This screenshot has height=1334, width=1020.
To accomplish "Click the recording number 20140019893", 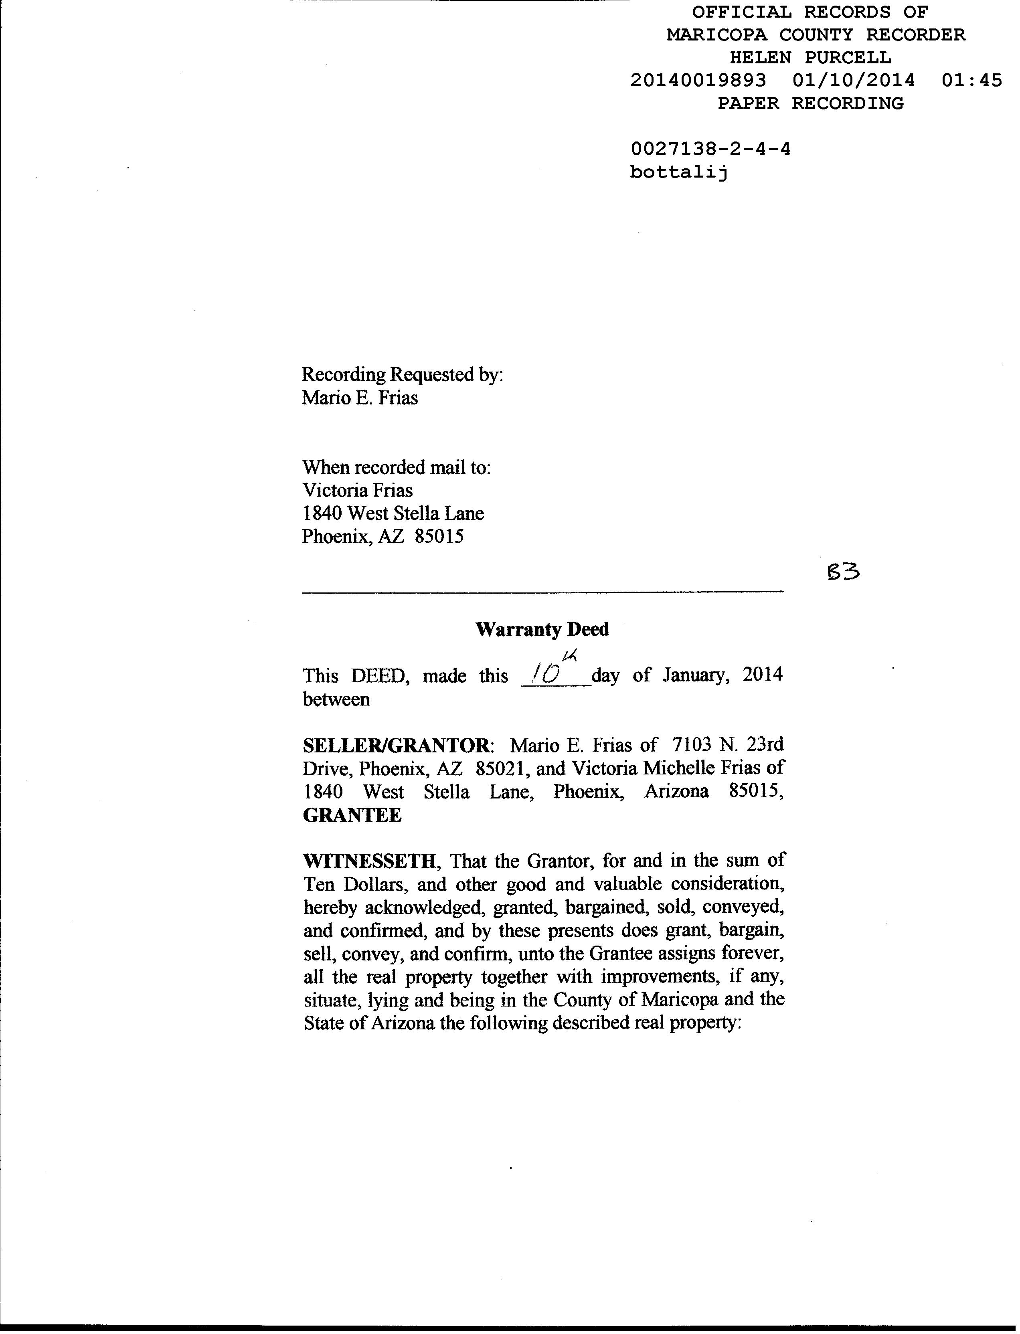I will [x=698, y=80].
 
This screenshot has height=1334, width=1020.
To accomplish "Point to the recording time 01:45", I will [x=971, y=80].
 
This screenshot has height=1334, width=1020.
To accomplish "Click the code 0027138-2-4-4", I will [x=710, y=149].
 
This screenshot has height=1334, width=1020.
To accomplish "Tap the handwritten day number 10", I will [x=545, y=674].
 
